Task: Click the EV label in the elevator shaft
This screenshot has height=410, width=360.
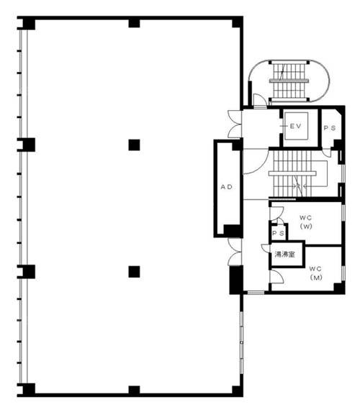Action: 296,126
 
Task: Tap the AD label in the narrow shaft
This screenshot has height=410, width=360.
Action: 227,187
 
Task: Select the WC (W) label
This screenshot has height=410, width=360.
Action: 306,222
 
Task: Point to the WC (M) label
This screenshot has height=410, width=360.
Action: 316,273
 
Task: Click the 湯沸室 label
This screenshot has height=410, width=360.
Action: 285,254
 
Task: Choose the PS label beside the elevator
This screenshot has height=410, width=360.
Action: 330,128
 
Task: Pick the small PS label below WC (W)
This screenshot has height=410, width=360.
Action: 279,233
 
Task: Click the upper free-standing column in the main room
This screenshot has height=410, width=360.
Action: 134,145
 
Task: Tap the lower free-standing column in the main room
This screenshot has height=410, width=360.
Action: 134,272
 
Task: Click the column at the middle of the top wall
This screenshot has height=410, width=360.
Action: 134,23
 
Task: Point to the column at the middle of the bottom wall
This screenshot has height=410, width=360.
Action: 134,390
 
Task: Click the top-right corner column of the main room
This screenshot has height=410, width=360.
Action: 238,23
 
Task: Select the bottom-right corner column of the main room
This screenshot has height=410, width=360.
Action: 238,390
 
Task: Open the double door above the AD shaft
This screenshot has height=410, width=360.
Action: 234,124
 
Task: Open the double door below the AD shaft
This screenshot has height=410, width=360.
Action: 234,252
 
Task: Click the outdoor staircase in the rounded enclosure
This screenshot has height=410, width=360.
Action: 289,81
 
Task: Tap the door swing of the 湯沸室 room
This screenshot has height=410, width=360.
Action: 266,248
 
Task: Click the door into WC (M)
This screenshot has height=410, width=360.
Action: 276,276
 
